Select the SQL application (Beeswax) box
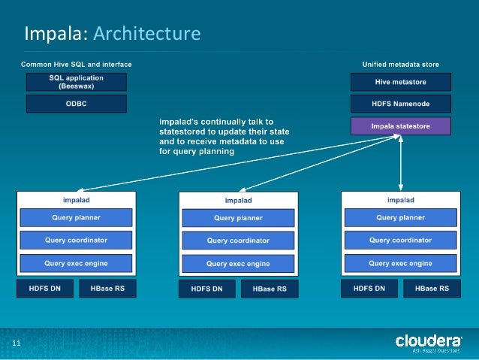[x=76, y=82]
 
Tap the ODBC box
[x=76, y=104]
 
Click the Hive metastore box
[x=401, y=82]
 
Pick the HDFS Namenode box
[x=401, y=104]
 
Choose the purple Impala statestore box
[x=401, y=126]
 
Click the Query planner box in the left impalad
[x=76, y=218]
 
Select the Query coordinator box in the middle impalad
[x=238, y=241]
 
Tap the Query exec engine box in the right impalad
[x=400, y=264]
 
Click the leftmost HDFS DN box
[x=44, y=289]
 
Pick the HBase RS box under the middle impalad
[x=269, y=289]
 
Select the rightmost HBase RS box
[x=431, y=289]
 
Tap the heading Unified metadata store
[x=401, y=65]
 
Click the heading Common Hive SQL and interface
[x=76, y=65]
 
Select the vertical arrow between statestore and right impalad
[x=401, y=164]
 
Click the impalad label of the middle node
[x=238, y=201]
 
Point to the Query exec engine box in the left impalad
[x=76, y=264]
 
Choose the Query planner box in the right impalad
[x=400, y=218]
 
